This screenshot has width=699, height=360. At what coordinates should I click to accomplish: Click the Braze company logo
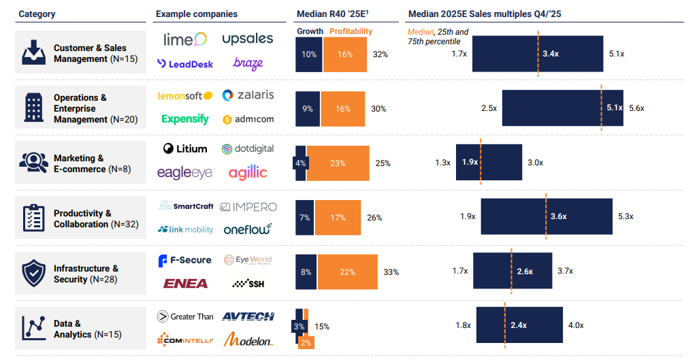click(x=248, y=64)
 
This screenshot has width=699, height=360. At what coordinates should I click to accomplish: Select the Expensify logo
click(x=185, y=119)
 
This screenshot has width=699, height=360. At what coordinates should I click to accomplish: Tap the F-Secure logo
click(x=185, y=260)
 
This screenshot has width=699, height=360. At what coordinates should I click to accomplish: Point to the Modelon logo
click(x=248, y=339)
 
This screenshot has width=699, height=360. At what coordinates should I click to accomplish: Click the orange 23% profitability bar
click(x=338, y=163)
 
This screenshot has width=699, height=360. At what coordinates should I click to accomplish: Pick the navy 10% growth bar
click(x=309, y=54)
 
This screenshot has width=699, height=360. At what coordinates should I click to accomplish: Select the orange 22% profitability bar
click(x=347, y=272)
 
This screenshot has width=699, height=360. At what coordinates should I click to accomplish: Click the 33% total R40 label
click(x=391, y=272)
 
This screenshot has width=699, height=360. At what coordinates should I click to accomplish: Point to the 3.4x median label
click(x=551, y=54)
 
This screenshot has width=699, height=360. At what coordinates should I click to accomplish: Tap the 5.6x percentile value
click(x=636, y=108)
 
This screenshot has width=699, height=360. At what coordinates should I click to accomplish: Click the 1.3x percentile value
click(x=443, y=163)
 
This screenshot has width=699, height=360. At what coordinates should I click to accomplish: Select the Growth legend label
click(x=310, y=31)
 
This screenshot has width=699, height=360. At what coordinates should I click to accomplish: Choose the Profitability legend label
click(x=351, y=31)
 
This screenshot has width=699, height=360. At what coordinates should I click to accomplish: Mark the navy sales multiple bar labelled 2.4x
click(x=519, y=325)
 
